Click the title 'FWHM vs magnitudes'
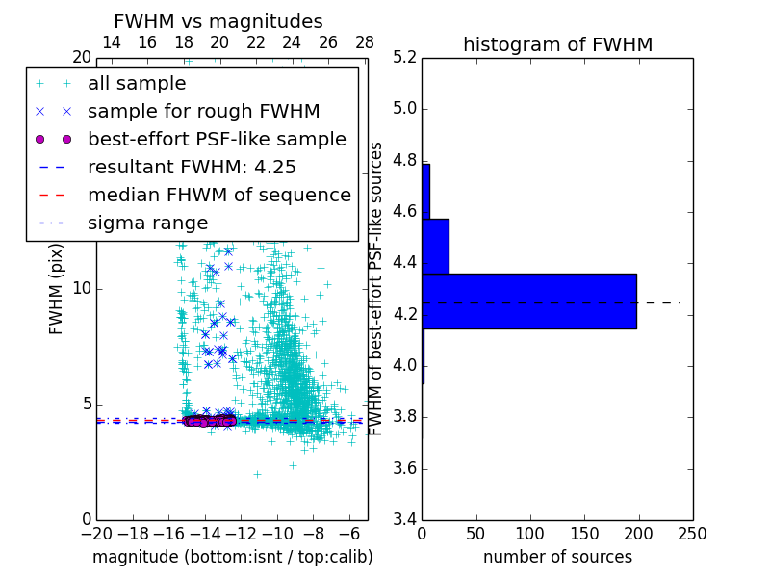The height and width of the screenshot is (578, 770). click(x=218, y=21)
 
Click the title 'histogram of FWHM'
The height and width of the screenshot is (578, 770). click(x=557, y=44)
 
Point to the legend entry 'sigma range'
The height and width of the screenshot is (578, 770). click(x=147, y=223)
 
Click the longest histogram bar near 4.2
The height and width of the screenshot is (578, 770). click(x=529, y=301)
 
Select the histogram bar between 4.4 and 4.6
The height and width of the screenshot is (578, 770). click(x=435, y=246)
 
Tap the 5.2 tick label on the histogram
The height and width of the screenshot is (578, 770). click(x=404, y=57)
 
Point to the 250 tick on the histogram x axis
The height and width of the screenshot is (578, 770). click(x=692, y=533)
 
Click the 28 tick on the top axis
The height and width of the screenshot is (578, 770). click(x=365, y=42)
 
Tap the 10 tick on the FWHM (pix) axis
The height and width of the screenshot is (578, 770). click(x=82, y=288)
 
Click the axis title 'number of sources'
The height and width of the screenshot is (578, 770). click(x=557, y=557)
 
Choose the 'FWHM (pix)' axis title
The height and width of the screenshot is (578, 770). click(x=57, y=288)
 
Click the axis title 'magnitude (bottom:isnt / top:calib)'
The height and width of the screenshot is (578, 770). click(x=232, y=557)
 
